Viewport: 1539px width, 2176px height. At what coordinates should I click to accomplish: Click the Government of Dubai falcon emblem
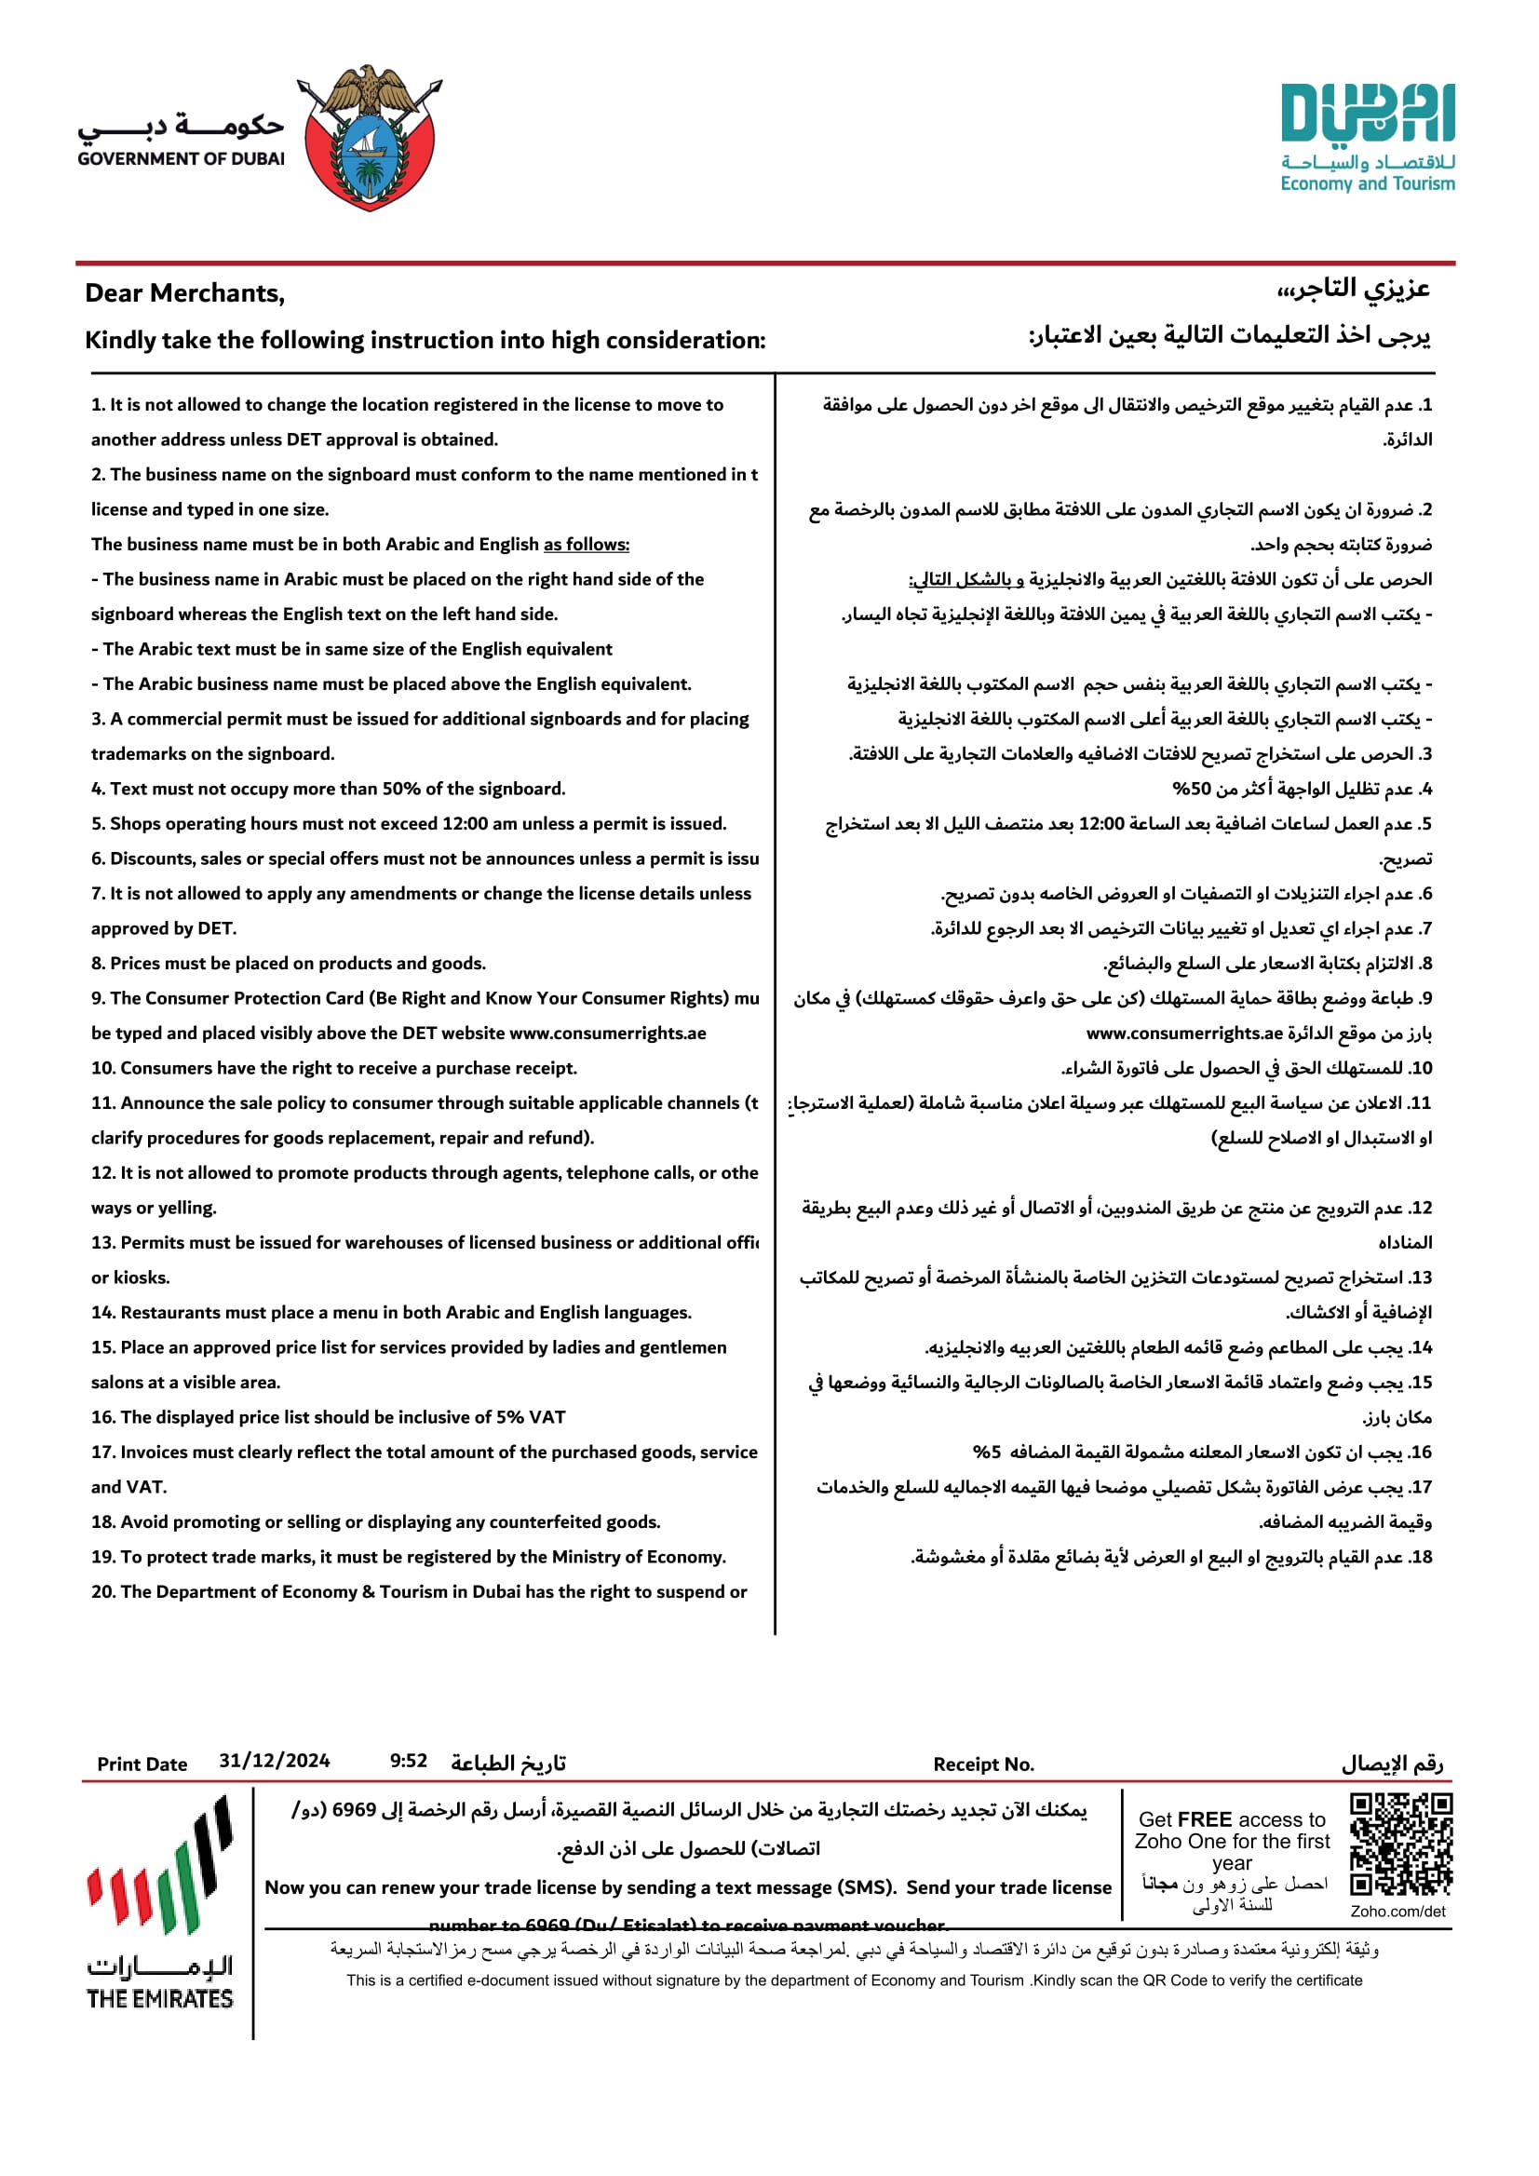[370, 137]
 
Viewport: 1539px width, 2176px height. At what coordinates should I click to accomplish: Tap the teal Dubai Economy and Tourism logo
[1367, 138]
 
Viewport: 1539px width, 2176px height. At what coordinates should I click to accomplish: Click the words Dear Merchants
[183, 293]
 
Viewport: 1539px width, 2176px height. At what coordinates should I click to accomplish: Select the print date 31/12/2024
[274, 1761]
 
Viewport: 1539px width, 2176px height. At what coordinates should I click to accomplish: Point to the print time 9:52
[409, 1761]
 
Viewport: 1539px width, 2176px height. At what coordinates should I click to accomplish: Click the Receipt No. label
[983, 1764]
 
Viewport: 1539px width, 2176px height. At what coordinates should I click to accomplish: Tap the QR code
[1400, 1844]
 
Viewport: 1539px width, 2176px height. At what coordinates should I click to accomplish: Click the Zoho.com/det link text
[1397, 1912]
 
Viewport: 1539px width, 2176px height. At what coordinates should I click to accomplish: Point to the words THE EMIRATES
[159, 1999]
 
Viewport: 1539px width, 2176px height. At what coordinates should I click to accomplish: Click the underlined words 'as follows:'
[586, 544]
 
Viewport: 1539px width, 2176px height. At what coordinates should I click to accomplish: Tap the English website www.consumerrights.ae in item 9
[607, 1033]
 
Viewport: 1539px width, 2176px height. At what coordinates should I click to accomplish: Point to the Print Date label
[142, 1764]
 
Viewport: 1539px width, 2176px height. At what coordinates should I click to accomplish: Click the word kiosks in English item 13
[142, 1277]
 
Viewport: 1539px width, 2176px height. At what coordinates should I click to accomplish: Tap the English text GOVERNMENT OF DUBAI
[181, 159]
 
